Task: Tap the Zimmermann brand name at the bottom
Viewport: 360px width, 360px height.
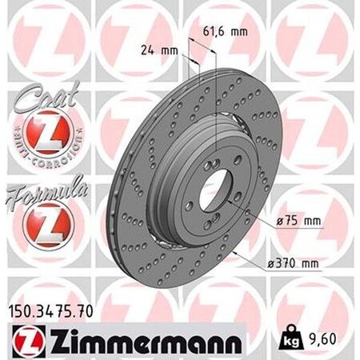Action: coord(139,337)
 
